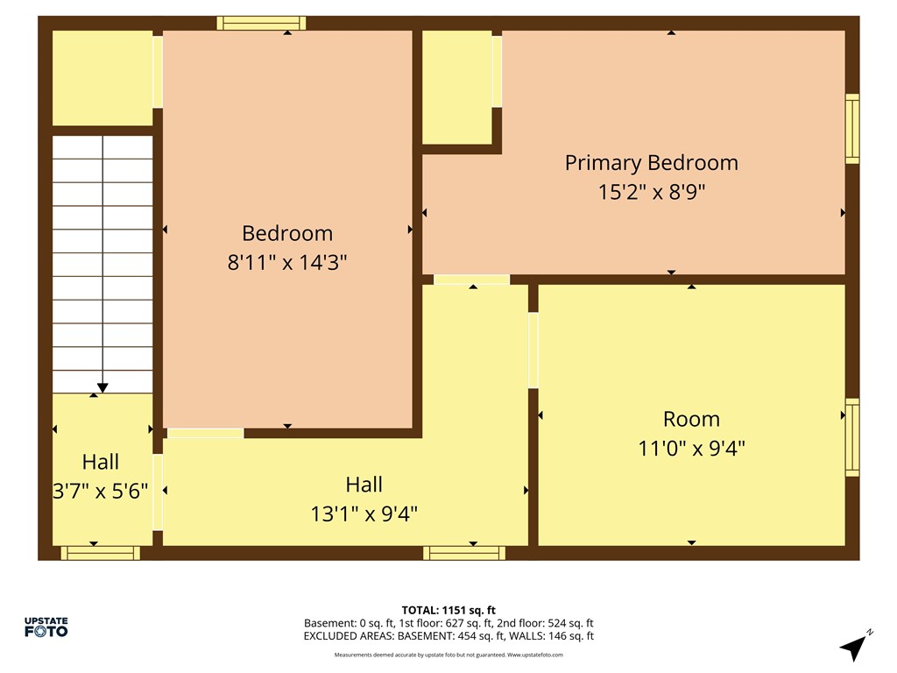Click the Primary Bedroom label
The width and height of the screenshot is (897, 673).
651,163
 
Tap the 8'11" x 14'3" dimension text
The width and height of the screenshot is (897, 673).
287,262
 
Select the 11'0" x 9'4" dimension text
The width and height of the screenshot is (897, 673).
691,448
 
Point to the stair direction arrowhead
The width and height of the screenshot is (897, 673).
102,387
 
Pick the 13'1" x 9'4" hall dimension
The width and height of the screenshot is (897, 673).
364,513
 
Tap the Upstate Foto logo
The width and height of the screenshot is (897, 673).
46,627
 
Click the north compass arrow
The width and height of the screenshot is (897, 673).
853,647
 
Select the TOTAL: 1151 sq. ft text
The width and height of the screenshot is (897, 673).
448,610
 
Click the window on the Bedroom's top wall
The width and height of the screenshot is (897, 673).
261,23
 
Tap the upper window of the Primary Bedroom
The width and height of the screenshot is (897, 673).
851,129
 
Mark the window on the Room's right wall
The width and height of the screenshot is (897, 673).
851,437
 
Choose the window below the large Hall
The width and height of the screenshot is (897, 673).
464,553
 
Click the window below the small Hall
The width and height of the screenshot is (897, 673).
100,553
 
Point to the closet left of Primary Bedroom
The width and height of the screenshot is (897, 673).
456,86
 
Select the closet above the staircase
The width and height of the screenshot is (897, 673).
102,77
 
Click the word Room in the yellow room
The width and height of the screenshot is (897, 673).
691,419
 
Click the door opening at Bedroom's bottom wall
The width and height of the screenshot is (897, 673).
205,433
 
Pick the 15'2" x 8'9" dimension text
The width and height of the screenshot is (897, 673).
651,192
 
